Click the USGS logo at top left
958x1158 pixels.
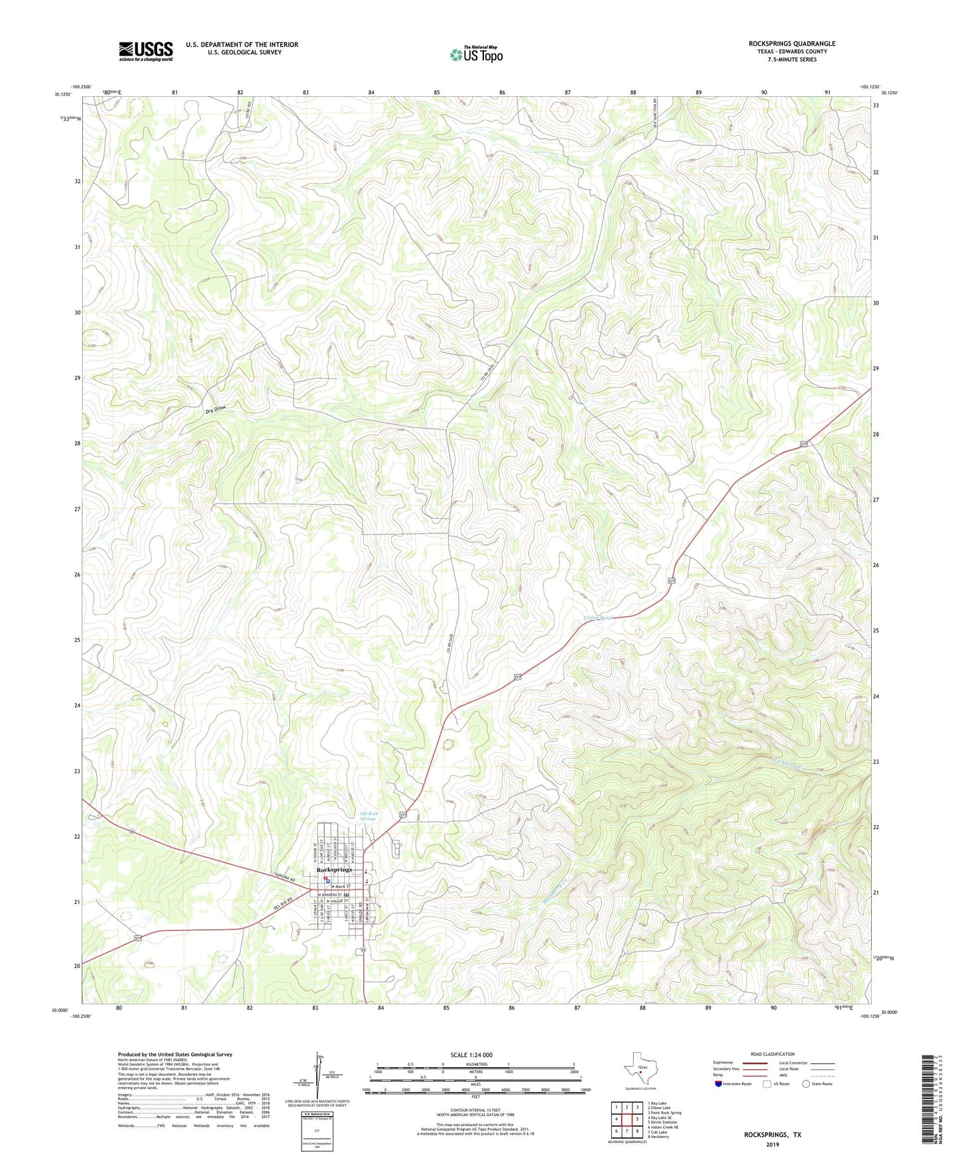145,51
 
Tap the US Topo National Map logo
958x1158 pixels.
475,54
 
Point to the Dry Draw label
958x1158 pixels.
219,411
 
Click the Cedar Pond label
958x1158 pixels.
598,617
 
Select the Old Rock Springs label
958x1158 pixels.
368,816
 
